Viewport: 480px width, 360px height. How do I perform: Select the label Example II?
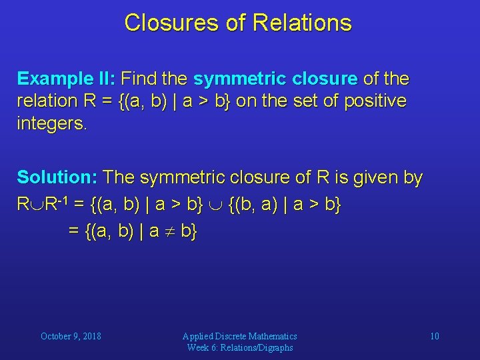(x=67, y=79)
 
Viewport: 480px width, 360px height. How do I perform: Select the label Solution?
(x=58, y=177)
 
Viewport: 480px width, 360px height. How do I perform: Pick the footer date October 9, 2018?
(x=71, y=336)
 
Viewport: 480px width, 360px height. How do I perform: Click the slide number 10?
(x=434, y=336)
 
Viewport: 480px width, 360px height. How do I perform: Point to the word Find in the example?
(x=139, y=79)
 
